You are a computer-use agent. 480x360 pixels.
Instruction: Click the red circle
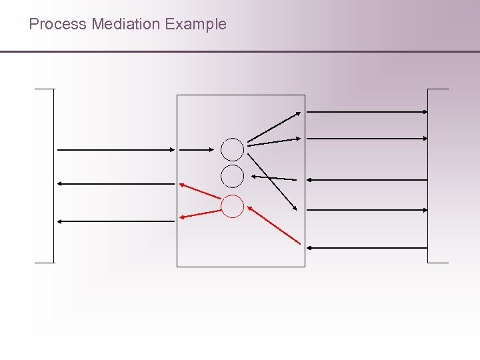tap(233, 207)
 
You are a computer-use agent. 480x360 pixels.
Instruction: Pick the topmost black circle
tap(233, 149)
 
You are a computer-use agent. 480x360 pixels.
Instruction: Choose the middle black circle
tap(233, 176)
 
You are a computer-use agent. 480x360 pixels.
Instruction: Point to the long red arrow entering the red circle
tap(274, 225)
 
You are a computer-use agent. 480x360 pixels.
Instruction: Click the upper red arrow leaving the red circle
tap(200, 190)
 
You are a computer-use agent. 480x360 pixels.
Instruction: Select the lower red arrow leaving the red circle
tap(201, 213)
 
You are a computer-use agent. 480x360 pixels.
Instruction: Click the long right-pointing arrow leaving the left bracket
tap(115, 150)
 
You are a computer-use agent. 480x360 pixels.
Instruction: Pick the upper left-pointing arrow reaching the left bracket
tap(115, 183)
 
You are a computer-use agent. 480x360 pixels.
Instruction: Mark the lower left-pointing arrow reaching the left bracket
tap(115, 221)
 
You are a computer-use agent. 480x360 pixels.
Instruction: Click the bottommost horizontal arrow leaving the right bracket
tap(367, 248)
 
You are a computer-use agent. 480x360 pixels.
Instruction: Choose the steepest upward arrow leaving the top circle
tap(274, 126)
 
